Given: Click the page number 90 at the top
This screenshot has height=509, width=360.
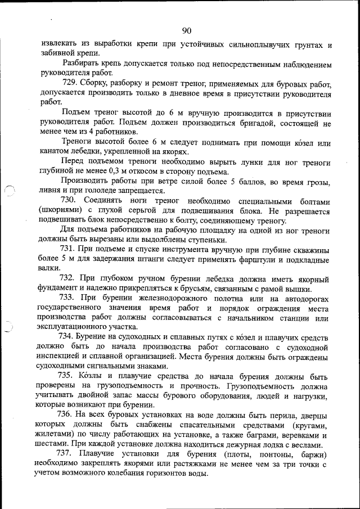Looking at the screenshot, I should pyautogui.click(x=187, y=30).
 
